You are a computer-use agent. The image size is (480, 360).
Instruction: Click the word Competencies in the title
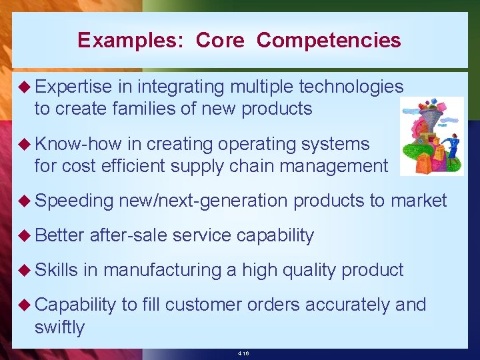pos(329,41)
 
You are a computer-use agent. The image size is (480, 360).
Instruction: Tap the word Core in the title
pos(220,41)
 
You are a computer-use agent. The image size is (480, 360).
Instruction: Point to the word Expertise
pos(73,87)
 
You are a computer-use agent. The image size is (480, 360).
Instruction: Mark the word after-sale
pos(129,235)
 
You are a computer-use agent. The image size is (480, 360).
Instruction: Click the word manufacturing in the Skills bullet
pos(162,270)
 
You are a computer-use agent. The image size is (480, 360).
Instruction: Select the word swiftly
pos(59,327)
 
